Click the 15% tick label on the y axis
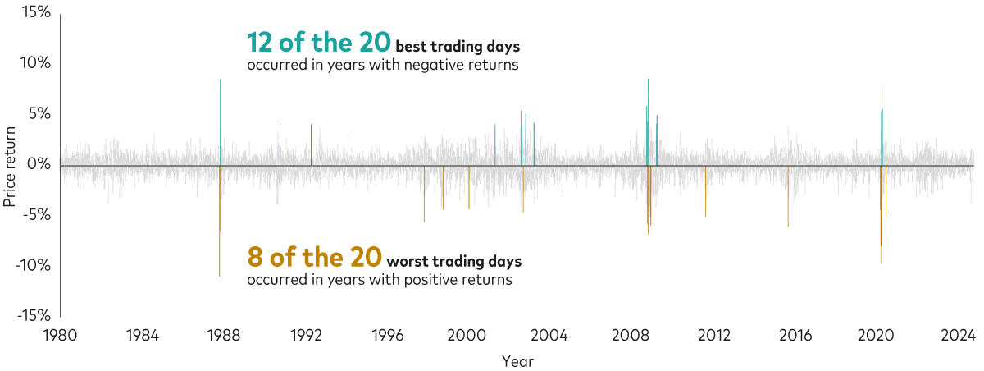[x=36, y=13]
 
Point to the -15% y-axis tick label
[x=34, y=316]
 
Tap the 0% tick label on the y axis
[x=39, y=165]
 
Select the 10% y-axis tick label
[x=36, y=63]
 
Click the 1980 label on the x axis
[x=61, y=335]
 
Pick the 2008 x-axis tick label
[x=632, y=335]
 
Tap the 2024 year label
[x=957, y=335]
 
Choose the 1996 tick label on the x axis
[x=387, y=335]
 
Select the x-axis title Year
[x=517, y=360]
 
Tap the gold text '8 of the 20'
[x=314, y=258]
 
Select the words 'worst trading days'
[x=453, y=262]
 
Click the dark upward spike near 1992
[x=311, y=144]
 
